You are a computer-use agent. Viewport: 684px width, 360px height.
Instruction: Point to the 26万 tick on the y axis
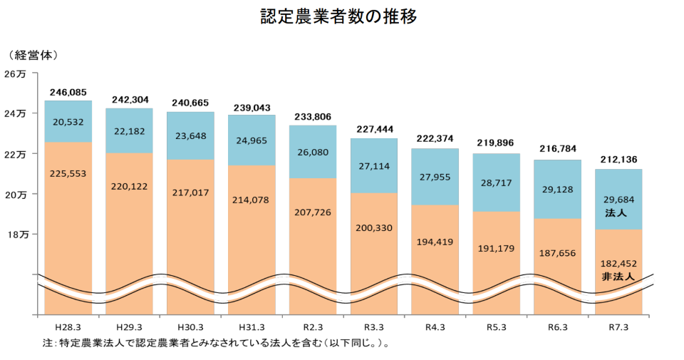coord(15,73)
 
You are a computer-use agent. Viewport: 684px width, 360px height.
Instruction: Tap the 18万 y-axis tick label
coord(15,235)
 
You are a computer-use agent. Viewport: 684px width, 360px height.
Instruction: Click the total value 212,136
coord(618,160)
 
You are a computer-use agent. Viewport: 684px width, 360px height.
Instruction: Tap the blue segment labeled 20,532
coord(68,122)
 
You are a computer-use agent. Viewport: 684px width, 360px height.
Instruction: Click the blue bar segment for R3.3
coord(373,165)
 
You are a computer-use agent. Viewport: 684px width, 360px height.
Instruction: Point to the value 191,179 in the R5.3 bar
coord(496,248)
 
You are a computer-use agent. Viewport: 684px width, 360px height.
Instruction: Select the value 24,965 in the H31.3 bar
coord(252,140)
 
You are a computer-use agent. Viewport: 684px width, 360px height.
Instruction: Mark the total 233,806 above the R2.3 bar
coord(312,116)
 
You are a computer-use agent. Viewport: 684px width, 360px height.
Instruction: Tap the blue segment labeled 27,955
coord(435,177)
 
